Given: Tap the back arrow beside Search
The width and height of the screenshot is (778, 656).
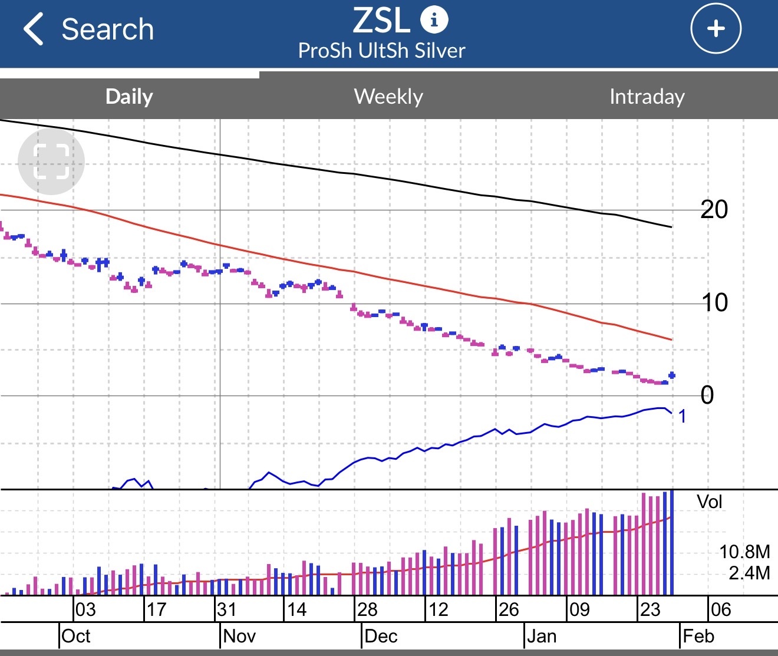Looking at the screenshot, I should pos(34,29).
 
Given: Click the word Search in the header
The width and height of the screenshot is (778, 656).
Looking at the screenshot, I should pos(107,29).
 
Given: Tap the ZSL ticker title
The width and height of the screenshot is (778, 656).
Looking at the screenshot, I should pos(381,21).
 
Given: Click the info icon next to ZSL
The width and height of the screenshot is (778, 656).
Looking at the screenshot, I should pos(434,20).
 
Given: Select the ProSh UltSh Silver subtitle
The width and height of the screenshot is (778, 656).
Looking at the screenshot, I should pos(381,51).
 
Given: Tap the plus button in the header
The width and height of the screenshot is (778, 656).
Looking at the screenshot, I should pos(716,28).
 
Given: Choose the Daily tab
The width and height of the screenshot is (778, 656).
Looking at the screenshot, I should pos(129,96).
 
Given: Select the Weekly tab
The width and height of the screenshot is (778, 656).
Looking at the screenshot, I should pos(388,96).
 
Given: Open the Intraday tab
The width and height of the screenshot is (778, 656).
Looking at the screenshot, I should pos(647,96).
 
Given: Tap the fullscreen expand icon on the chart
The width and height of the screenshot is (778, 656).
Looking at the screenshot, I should pos(51,161).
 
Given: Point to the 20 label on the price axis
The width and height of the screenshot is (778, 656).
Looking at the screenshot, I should pos(714,209).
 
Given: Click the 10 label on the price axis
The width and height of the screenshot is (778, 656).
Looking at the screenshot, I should pos(714,303).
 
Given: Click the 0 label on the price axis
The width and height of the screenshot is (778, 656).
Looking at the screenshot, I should pos(707,395).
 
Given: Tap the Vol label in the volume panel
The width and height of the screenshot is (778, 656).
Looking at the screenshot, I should pos(709,502).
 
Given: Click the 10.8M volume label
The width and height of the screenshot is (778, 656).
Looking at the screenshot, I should pos(744,552).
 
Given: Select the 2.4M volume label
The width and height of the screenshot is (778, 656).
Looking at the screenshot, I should pos(749,573).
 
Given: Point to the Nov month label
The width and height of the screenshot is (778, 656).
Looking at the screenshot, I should pos(240,636).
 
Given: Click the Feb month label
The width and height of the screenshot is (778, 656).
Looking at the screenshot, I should pos(698,636).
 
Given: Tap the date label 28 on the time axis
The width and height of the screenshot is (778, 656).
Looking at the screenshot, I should pos(367,609).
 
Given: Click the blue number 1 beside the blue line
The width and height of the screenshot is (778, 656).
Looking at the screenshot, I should pos(682,417).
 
